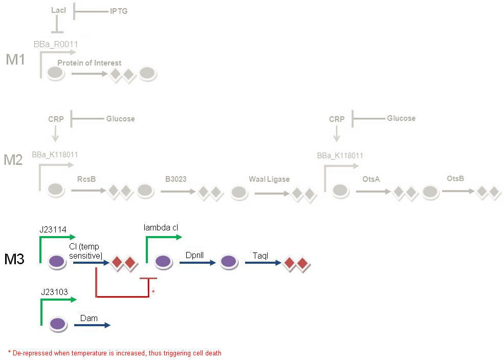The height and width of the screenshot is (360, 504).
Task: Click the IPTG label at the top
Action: pos(118,11)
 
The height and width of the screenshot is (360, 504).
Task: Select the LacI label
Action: pos(59,10)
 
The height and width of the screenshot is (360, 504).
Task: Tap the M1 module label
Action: pos(15,59)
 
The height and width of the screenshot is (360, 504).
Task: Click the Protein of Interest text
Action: pos(89,63)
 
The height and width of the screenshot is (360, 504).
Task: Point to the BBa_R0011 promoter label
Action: pos(56,45)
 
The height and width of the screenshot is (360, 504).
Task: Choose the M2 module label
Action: pos(13,160)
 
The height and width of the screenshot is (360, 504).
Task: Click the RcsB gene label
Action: pos(86,179)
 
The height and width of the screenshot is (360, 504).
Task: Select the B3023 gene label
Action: pos(176,179)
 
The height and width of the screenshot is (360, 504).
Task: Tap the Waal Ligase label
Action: pos(269,179)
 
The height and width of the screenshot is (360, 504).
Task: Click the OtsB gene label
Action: pos(455,179)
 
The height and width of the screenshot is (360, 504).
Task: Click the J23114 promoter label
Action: pos(53,229)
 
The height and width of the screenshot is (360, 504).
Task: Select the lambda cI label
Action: pos(161,227)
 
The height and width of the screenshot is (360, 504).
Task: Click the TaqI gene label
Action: pos(260,255)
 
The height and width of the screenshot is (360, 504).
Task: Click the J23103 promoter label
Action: pos(55,292)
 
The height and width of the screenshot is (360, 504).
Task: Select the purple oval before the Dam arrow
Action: pos(57,324)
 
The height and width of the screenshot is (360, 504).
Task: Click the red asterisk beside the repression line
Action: pos(152,291)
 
